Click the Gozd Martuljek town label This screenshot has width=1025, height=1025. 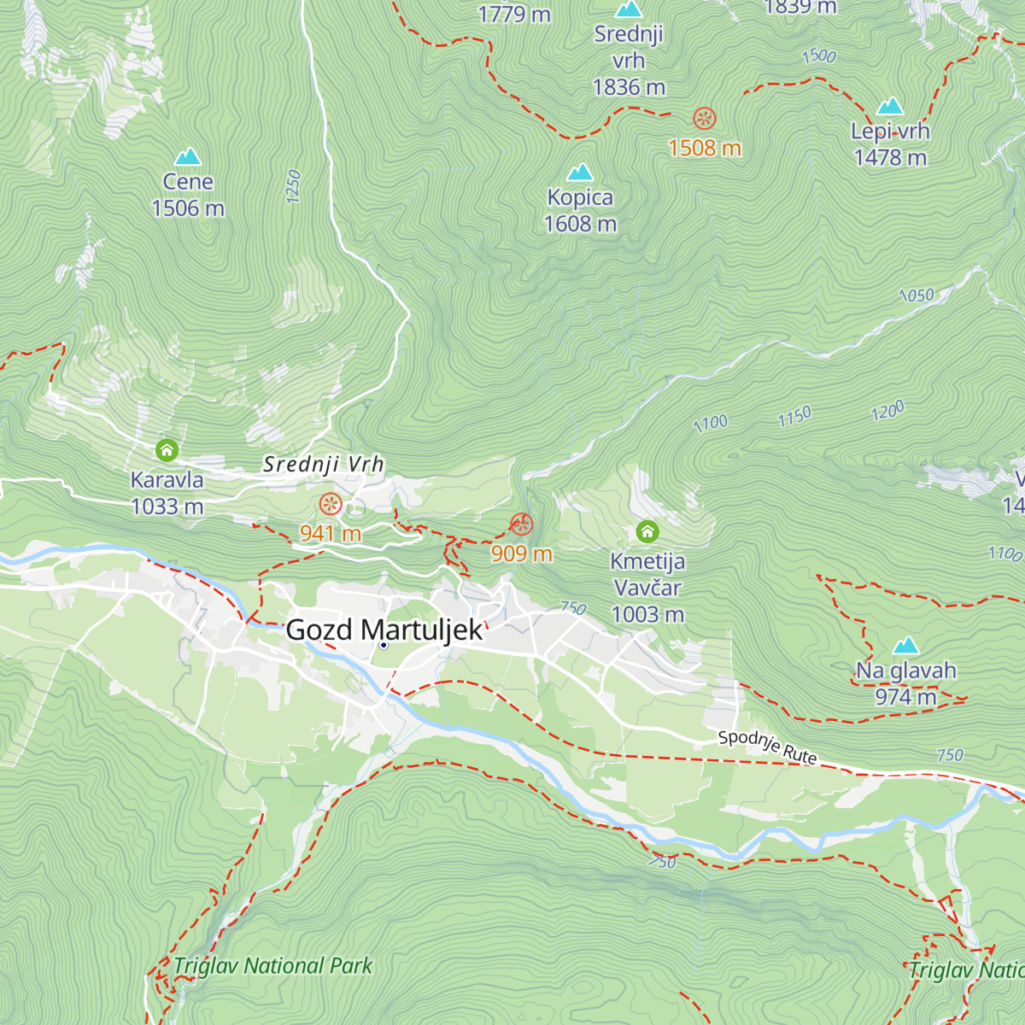(384, 630)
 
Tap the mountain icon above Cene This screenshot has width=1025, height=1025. (187, 156)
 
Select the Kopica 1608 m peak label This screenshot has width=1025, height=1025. (580, 210)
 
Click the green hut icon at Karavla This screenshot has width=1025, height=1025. (167, 449)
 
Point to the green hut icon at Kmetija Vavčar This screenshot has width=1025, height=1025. (647, 532)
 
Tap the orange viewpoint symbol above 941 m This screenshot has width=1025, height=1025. (331, 504)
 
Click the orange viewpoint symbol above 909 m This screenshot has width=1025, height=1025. (521, 524)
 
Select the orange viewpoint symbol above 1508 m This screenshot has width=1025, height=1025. (704, 118)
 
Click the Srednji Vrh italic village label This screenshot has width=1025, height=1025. (324, 465)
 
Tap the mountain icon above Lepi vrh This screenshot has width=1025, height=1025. (890, 106)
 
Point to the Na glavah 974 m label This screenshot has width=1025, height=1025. (905, 683)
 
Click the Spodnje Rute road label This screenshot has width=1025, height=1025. (767, 747)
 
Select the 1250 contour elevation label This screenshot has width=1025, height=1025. (294, 186)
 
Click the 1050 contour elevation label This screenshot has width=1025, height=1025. (917, 296)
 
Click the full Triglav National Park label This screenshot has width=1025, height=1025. (273, 966)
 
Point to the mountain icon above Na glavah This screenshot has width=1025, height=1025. (905, 645)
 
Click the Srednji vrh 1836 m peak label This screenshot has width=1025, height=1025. (629, 60)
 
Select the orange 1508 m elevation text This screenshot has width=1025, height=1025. (704, 149)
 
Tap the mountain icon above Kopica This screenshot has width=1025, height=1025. (580, 173)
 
